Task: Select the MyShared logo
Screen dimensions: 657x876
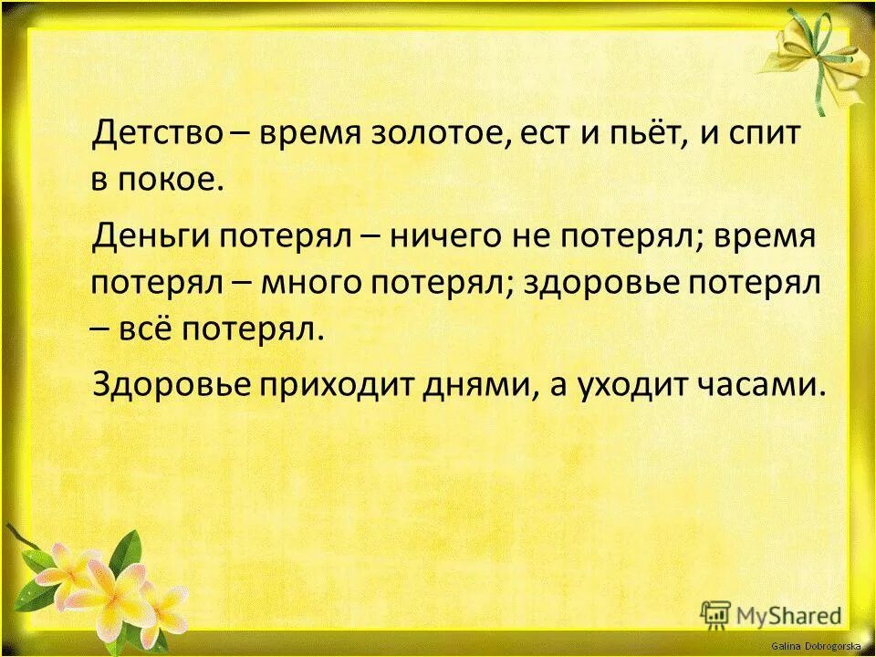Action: pos(771,613)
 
